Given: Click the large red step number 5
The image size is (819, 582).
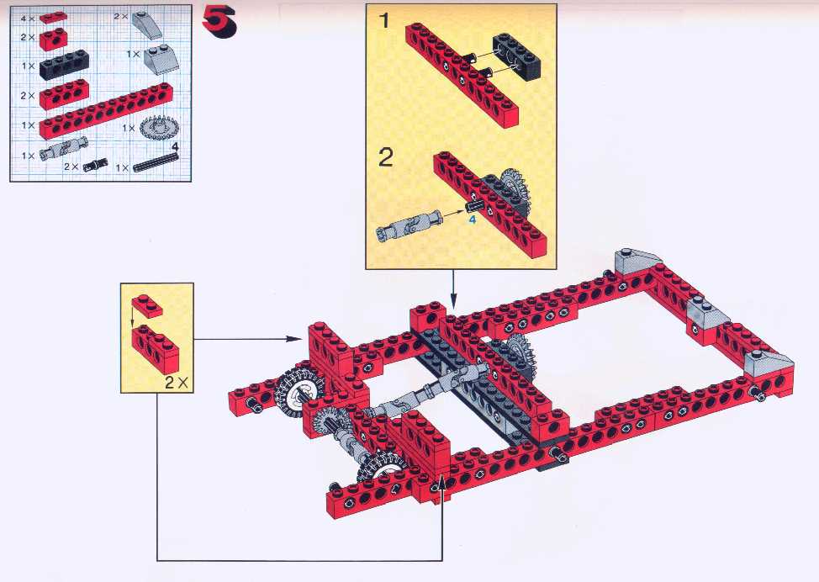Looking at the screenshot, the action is point(219,23).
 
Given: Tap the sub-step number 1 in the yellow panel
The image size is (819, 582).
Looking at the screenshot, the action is point(385,21).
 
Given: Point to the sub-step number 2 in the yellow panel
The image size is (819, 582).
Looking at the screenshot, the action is point(385,157).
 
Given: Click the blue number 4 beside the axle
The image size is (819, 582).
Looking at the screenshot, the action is point(473,220).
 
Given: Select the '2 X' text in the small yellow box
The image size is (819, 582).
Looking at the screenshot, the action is point(177,383).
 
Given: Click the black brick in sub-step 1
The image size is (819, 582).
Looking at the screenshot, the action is point(516,56).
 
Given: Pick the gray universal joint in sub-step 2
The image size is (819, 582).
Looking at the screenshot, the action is point(408,226).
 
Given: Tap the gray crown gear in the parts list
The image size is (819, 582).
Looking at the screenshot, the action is point(159,127).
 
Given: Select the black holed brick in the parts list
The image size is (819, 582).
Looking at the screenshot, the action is point(64,64).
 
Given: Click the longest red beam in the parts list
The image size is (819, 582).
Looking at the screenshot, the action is point(106,111).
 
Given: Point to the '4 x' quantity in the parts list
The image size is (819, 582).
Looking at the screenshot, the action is point(28,19).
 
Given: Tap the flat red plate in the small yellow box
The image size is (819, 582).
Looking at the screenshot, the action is point(147,307).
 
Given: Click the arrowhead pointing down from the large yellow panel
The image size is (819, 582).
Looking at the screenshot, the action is point(453,302).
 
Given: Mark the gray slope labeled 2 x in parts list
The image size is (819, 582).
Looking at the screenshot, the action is point(147,25).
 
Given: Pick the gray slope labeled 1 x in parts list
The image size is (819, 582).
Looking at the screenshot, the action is point(161,59).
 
